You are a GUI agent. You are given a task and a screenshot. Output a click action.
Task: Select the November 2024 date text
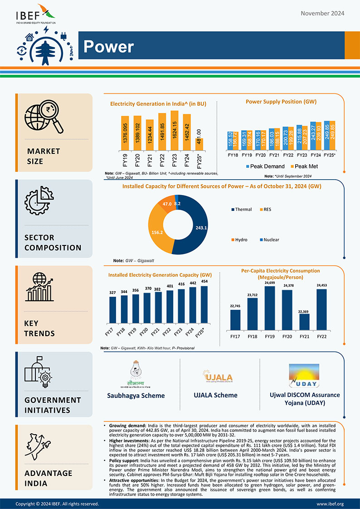point(322,13)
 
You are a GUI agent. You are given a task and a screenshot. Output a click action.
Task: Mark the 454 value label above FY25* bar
point(204,281)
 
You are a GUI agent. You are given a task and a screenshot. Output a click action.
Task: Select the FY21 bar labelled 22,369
point(304,322)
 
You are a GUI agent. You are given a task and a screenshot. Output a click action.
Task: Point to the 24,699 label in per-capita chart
point(270,283)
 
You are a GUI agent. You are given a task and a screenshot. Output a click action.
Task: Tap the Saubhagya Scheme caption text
point(136,396)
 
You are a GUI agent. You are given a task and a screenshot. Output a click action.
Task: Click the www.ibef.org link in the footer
point(330,504)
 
